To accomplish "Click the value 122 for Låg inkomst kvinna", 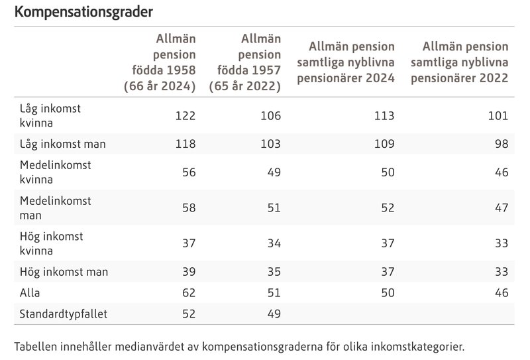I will click(x=185, y=115).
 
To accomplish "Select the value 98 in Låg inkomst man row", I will click(x=501, y=144).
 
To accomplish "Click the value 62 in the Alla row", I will click(x=189, y=293).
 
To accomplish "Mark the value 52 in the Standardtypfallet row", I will click(x=189, y=314).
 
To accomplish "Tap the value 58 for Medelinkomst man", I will click(x=189, y=208).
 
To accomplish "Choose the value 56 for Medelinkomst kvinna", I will click(x=189, y=172).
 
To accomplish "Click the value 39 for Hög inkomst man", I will click(x=189, y=272).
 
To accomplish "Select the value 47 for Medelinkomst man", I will click(x=501, y=208).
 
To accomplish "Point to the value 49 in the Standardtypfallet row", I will click(x=274, y=314).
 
